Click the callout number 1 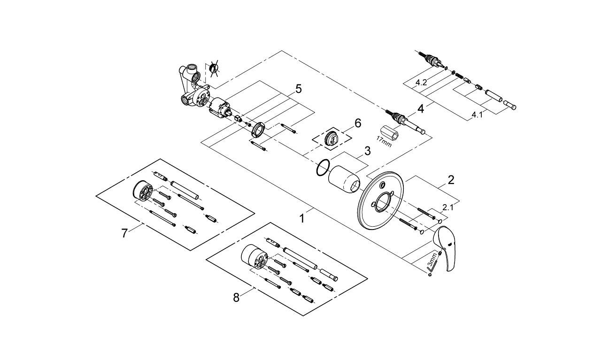click(x=303, y=218)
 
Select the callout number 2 click(x=450, y=180)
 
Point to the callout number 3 click(x=368, y=151)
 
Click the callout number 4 click(x=421, y=109)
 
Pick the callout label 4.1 click(x=477, y=115)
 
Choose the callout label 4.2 click(x=421, y=83)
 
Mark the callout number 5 click(x=298, y=88)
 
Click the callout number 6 click(x=358, y=123)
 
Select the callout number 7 click(x=124, y=233)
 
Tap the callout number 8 click(x=236, y=297)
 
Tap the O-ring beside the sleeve click(x=322, y=168)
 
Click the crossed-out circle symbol click(x=215, y=69)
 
